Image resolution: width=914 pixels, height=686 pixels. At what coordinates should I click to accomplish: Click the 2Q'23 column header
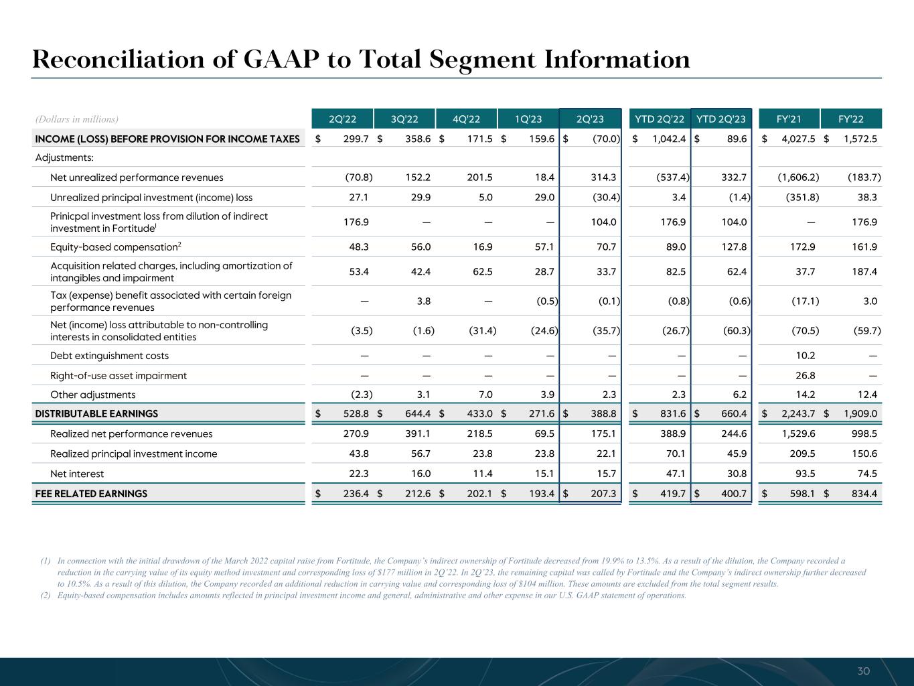coord(590,119)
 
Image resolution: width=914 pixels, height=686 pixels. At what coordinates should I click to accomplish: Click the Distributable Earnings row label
coord(96,414)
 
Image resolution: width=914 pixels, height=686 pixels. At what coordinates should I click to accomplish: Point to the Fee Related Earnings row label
coord(91,494)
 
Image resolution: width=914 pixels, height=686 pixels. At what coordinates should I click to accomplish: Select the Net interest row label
coord(77,474)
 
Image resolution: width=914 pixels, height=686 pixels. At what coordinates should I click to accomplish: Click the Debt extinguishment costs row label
coord(109,356)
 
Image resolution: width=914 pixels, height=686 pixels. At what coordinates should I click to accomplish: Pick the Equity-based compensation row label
coord(114,247)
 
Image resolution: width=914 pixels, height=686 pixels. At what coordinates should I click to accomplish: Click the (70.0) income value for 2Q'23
coord(605,139)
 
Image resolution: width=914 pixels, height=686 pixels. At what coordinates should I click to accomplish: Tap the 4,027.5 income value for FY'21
coord(796,139)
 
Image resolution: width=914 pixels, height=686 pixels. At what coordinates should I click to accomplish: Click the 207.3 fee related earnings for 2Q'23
coord(604,494)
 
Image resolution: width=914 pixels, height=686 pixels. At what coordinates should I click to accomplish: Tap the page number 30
coord(864,671)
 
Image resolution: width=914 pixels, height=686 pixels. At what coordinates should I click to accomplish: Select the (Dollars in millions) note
coord(77,119)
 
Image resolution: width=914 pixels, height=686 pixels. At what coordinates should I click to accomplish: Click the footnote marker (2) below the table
coord(46,596)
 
